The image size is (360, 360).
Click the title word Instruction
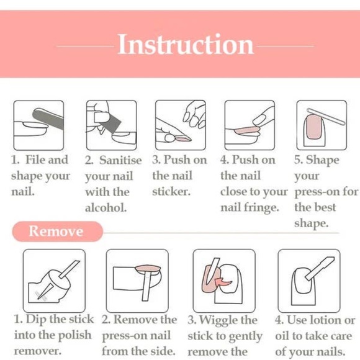[186, 45]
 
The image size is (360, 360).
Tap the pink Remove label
[56, 232]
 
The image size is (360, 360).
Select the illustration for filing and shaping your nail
[38, 125]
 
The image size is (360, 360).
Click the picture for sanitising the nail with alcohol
[110, 125]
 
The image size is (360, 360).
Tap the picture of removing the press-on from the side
[137, 280]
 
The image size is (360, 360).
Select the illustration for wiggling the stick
[223, 280]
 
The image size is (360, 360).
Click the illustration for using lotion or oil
[308, 280]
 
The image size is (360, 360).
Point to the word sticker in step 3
[172, 192]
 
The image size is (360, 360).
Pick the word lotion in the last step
[326, 320]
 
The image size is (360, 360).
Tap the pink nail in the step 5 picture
[316, 130]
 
